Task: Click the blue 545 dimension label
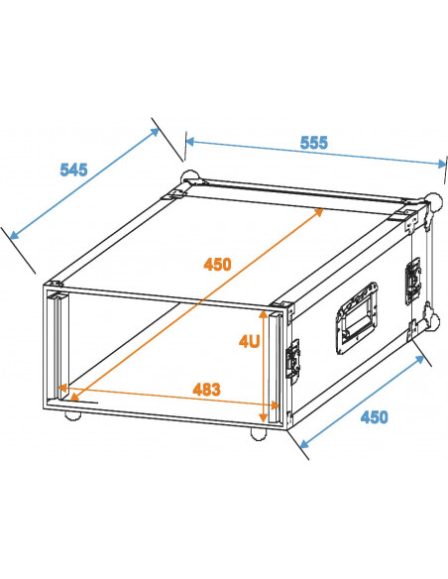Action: coord(73,170)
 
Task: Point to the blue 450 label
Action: coord(373,416)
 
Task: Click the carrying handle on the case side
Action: coord(356,318)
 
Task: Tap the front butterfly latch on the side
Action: coord(293,358)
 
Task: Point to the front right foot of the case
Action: coord(259,434)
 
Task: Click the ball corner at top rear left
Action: coord(187,180)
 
